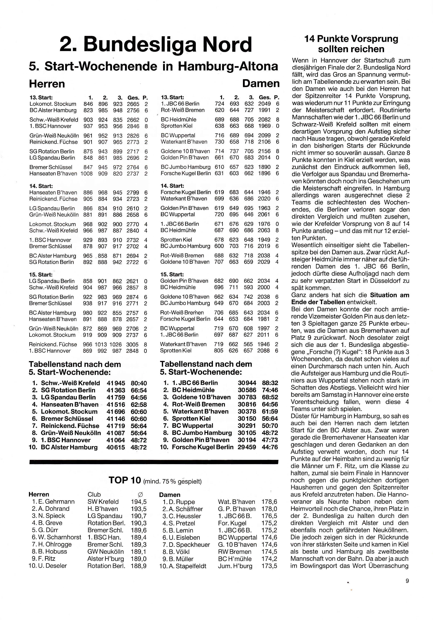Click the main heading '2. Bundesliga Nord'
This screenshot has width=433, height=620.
156,45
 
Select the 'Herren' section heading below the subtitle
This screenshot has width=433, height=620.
47,84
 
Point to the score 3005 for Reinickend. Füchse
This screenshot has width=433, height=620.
132,345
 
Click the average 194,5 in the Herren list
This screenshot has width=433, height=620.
139,502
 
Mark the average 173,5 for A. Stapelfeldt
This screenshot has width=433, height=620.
269,566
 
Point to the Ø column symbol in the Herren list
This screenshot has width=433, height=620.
140,495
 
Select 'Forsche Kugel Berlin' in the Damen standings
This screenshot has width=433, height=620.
202,447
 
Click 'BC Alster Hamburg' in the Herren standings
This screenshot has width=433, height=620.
69,447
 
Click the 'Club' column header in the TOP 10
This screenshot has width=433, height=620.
94,495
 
